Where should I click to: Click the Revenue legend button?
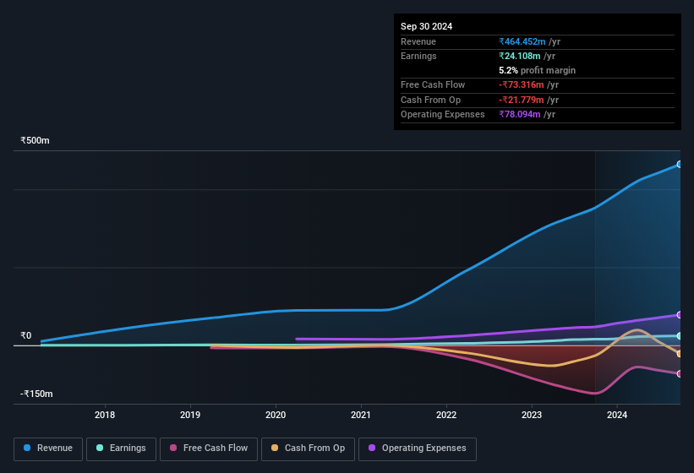click(x=48, y=449)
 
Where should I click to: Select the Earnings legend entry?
click(x=120, y=449)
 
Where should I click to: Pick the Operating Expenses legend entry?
click(x=417, y=449)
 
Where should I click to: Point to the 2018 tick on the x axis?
click(x=105, y=415)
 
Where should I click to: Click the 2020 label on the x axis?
click(x=276, y=415)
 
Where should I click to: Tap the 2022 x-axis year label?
click(x=446, y=415)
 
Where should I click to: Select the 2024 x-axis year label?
click(x=617, y=415)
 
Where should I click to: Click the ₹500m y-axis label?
click(x=36, y=140)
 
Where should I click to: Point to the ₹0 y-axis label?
click(x=26, y=335)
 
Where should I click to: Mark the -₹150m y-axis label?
click(x=37, y=394)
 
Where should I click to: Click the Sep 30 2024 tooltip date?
click(x=426, y=26)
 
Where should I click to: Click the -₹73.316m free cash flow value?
click(x=522, y=84)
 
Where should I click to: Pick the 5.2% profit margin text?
click(x=538, y=70)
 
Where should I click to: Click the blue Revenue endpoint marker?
click(x=679, y=164)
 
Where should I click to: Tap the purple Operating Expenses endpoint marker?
click(x=679, y=315)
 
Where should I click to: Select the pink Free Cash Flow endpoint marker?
click(x=679, y=373)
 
